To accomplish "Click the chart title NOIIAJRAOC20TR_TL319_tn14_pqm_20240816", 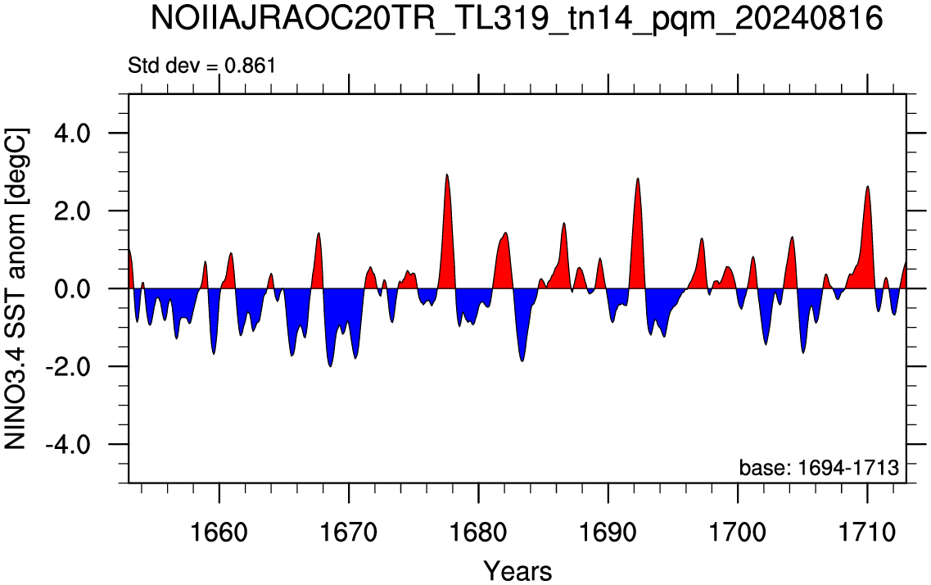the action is coord(517,19).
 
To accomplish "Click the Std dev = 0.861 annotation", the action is coord(202,66).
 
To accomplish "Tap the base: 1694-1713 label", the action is coord(819,468).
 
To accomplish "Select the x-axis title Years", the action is coord(517,571).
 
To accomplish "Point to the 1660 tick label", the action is coord(219,532).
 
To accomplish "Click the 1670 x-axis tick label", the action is coord(349,532).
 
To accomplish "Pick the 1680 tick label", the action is coord(478,532).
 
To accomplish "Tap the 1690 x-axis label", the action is coord(608,532).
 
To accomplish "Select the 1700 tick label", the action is coord(738,532).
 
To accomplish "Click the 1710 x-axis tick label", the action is coord(867,532).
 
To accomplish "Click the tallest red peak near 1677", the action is coord(446,175).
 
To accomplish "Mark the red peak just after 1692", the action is coord(638,178).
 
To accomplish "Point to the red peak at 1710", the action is coord(868,187).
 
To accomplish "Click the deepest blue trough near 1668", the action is coord(330,366).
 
